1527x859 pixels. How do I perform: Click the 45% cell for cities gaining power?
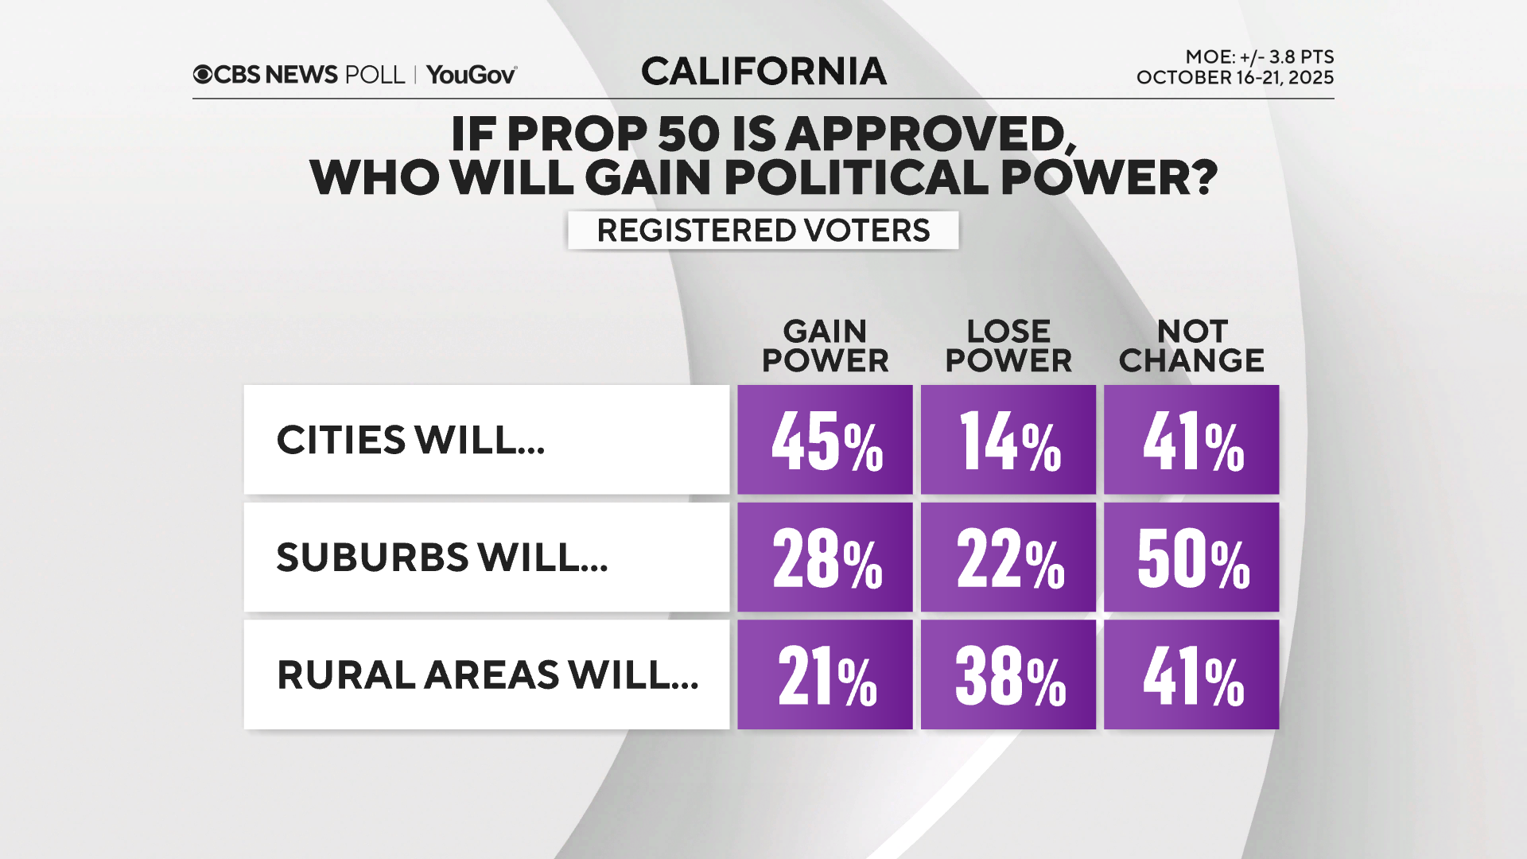825,440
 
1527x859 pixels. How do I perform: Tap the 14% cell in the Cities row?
1008,440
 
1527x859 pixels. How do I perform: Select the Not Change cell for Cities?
1191,440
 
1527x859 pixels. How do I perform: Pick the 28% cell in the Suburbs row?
825,557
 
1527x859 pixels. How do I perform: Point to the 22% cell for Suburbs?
1008,557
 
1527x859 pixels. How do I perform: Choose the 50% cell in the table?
1191,557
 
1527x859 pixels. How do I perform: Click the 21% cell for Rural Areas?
825,674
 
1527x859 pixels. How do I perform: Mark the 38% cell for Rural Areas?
1008,674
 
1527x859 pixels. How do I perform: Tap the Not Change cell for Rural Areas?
1191,674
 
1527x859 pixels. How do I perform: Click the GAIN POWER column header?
825,346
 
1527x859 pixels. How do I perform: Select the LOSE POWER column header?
1008,346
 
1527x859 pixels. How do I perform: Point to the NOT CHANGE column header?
1191,346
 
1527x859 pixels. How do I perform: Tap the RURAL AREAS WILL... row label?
487,674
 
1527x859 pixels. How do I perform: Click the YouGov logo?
472,75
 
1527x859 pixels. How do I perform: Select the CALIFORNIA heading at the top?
763,72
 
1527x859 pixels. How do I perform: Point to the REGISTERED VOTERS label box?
763,231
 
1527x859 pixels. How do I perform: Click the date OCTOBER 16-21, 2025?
1234,78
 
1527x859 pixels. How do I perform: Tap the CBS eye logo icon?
203,75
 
